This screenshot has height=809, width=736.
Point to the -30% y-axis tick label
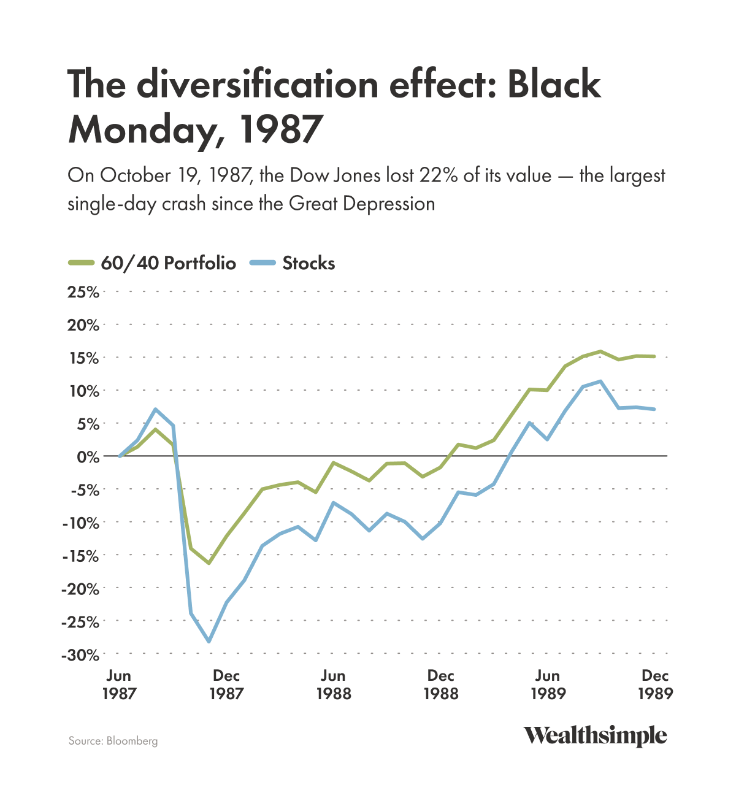click(x=80, y=655)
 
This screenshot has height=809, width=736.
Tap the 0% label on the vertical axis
click(x=87, y=456)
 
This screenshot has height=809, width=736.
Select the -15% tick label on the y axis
click(x=80, y=556)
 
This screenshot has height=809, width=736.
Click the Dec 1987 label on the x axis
click(x=226, y=684)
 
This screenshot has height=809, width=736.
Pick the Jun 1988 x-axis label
click(x=333, y=684)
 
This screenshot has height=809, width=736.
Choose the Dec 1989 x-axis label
click(x=655, y=684)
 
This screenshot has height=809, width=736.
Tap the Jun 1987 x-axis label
click(x=118, y=684)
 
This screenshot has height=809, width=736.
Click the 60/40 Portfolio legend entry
click(x=152, y=264)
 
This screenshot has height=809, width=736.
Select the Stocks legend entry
click(x=293, y=264)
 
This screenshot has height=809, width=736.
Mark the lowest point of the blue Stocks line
click(x=209, y=642)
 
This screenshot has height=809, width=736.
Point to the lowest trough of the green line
click(x=209, y=563)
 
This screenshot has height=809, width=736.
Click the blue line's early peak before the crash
click(x=156, y=409)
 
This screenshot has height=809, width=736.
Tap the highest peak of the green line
click(x=600, y=351)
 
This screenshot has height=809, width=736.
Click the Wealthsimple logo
click(x=594, y=735)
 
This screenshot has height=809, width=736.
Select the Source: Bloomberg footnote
click(x=113, y=741)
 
